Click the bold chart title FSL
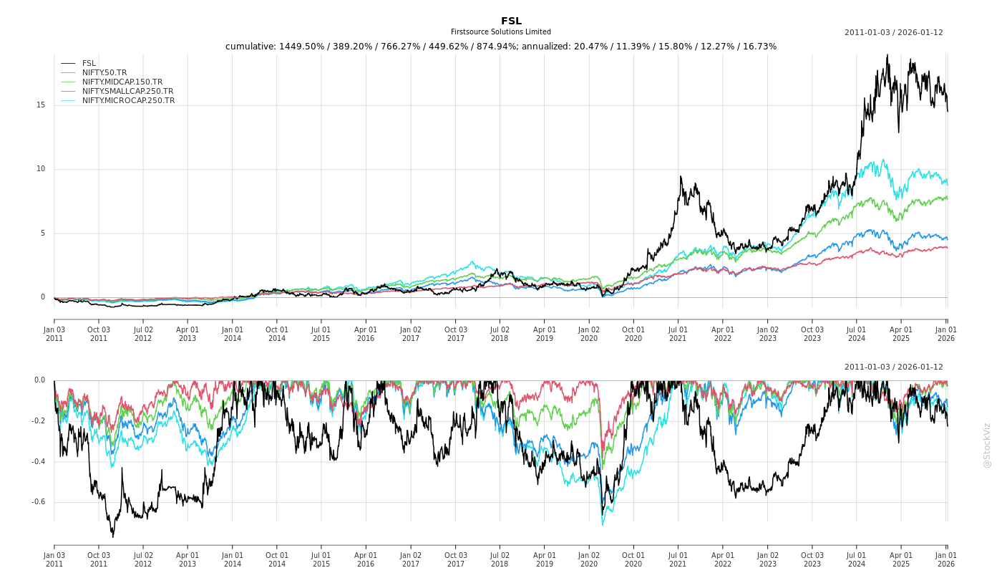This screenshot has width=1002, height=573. (511, 21)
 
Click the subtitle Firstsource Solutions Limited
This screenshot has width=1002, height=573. (501, 32)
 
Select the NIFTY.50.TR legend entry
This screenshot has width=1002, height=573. (104, 72)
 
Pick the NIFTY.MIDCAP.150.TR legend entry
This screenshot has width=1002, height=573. (122, 82)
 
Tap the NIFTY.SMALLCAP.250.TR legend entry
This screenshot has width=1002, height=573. (127, 91)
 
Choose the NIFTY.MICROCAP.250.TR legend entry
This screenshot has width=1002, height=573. (128, 100)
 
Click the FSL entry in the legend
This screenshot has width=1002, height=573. (89, 63)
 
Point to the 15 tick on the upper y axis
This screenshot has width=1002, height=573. (41, 105)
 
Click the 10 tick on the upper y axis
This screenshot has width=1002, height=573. (41, 169)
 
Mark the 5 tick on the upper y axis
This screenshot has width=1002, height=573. (43, 233)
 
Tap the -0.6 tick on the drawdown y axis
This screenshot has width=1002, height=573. (38, 502)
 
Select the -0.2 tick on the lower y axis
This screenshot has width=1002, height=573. (38, 421)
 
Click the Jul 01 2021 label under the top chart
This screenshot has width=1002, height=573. (678, 334)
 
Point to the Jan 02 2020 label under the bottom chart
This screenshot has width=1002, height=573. (589, 559)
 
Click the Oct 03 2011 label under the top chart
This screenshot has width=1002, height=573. (99, 334)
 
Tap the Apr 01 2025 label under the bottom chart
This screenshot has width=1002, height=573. (901, 559)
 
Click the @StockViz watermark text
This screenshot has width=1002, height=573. (987, 445)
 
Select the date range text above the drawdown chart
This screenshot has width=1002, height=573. (893, 367)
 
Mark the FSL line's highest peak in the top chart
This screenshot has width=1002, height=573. (887, 55)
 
